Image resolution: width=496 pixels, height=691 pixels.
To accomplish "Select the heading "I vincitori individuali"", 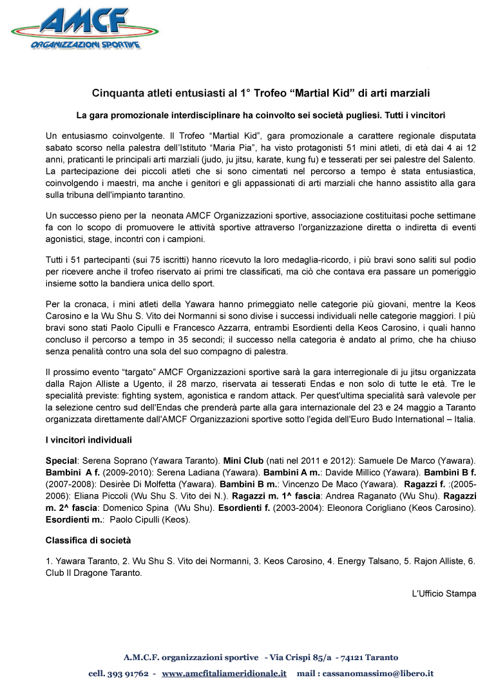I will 89,441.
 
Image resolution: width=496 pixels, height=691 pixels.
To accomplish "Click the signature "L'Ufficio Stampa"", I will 444,593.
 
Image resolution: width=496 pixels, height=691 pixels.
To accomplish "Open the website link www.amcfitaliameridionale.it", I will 224,674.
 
